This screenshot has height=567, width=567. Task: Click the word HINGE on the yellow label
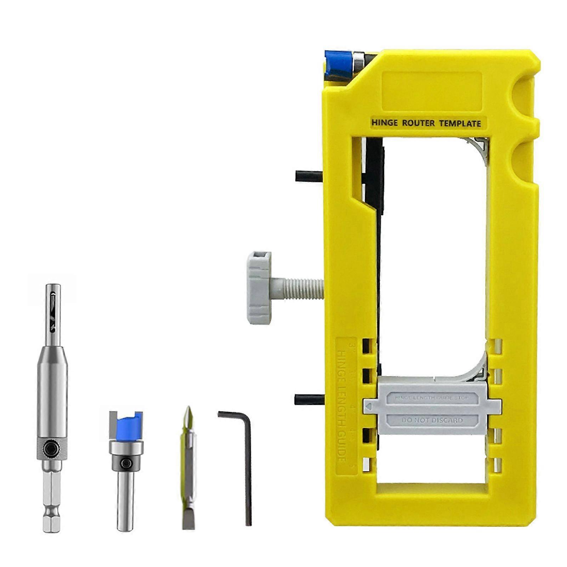pyautogui.click(x=384, y=123)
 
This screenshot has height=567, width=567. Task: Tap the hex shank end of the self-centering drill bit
pyautogui.click(x=51, y=514)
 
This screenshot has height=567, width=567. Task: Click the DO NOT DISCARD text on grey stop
pyautogui.click(x=432, y=420)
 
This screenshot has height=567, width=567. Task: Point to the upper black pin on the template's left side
pyautogui.click(x=309, y=176)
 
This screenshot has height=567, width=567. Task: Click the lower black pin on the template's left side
pyautogui.click(x=309, y=399)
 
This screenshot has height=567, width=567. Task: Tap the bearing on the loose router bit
pyautogui.click(x=126, y=448)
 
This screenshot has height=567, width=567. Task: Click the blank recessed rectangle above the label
pyautogui.click(x=432, y=91)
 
